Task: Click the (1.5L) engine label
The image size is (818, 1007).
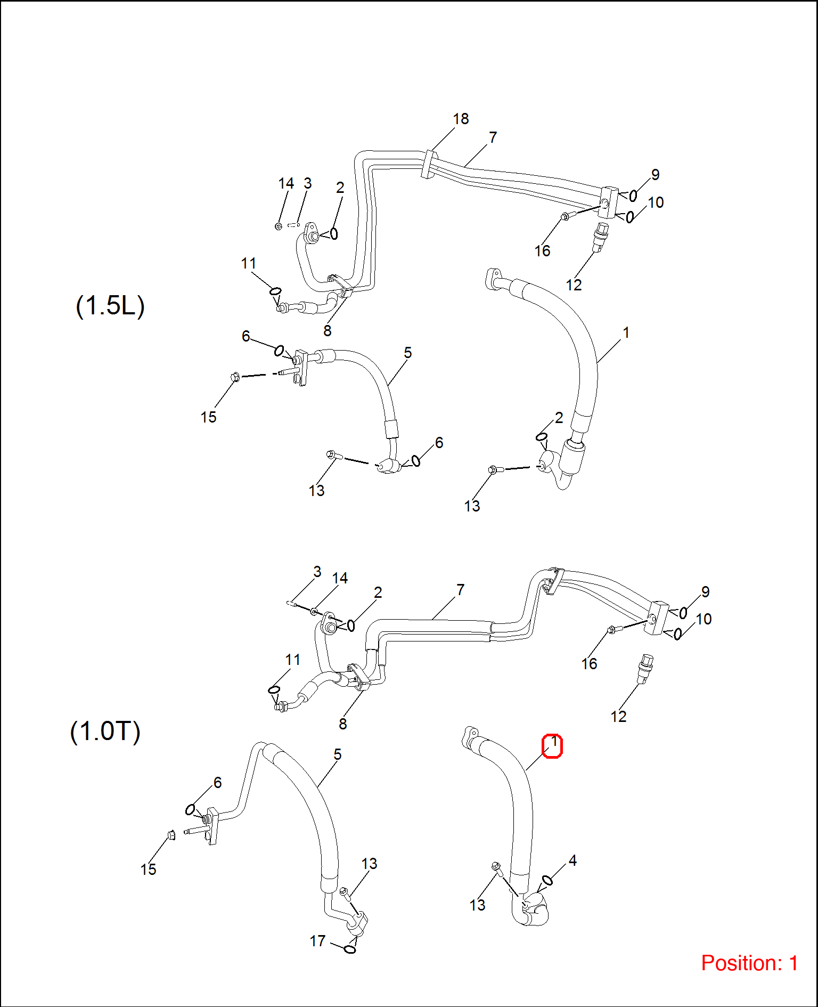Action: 110,306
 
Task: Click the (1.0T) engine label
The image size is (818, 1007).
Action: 105,731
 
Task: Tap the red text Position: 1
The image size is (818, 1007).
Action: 749,963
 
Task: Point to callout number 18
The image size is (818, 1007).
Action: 461,119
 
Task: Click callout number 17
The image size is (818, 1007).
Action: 317,941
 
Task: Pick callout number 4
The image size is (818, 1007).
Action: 572,860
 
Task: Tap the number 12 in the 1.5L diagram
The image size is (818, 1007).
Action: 574,285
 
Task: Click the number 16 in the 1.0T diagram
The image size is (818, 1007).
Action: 589,664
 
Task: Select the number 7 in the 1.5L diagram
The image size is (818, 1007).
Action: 493,137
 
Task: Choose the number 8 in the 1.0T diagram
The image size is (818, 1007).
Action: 342,724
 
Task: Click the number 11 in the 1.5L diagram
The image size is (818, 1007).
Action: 248,264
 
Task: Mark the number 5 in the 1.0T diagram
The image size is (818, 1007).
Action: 337,754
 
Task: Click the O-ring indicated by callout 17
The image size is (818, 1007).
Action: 350,948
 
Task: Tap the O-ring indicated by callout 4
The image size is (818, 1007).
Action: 547,880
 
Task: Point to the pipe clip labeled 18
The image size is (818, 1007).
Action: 428,165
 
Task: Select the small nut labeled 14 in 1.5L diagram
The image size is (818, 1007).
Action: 278,226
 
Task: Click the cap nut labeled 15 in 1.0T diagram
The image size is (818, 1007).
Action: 171,834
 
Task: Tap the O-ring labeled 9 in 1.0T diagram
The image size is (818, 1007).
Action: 683,613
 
